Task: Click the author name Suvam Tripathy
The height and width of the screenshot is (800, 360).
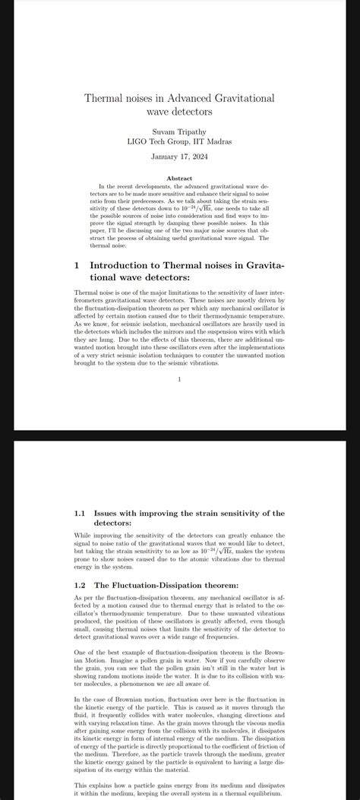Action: [x=179, y=132]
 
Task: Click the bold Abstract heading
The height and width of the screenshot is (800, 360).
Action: [x=179, y=179]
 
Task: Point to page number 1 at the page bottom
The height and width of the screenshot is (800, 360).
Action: [x=179, y=379]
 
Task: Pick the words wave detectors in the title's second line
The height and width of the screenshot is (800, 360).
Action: [x=179, y=112]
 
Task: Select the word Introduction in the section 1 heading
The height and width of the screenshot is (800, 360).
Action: [x=122, y=266]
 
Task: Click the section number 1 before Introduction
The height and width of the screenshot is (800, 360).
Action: [x=77, y=266]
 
